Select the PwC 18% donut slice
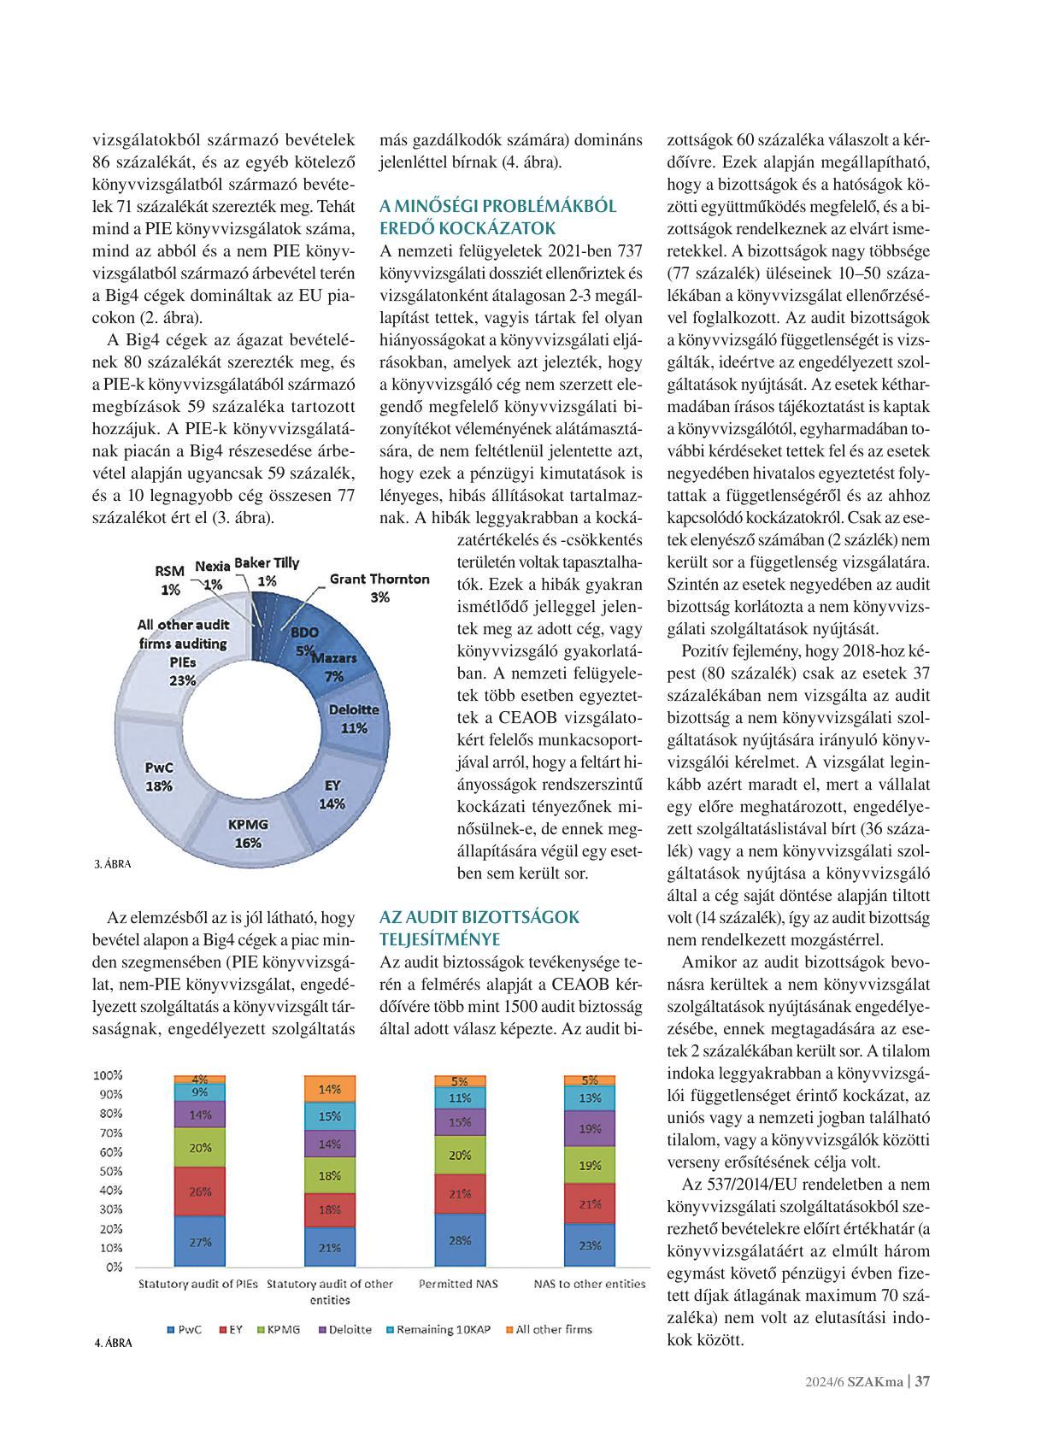[159, 776]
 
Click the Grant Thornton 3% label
[379, 587]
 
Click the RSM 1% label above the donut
[169, 579]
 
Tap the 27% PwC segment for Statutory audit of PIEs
[200, 1242]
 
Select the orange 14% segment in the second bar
[330, 1089]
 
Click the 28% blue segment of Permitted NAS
[460, 1240]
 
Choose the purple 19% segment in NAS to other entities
[590, 1129]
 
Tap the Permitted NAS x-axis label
[458, 1284]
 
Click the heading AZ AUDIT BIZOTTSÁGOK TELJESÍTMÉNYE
[479, 928]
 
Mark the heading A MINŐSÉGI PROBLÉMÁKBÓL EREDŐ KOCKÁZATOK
[497, 217]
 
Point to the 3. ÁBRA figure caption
[113, 864]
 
